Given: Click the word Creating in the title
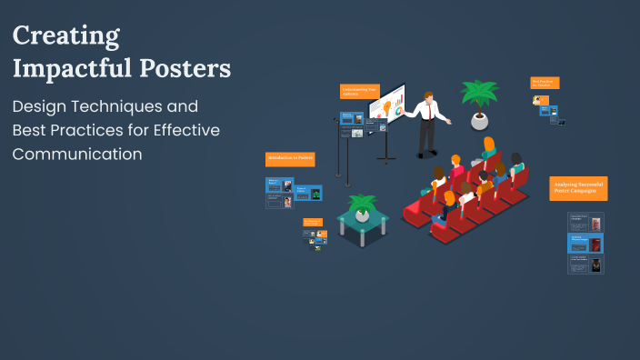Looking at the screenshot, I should [66, 36].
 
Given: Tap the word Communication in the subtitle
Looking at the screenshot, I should [77, 154].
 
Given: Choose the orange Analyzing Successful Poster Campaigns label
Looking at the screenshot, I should [578, 189].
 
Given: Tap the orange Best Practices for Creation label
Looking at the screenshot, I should [545, 83].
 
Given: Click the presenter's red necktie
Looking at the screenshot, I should [426, 110].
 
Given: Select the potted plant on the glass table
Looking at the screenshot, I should [363, 206].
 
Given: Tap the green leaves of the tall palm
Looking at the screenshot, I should [480, 93].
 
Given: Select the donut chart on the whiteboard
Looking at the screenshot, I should [397, 111].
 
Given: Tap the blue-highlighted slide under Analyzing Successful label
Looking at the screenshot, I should [585, 243].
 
